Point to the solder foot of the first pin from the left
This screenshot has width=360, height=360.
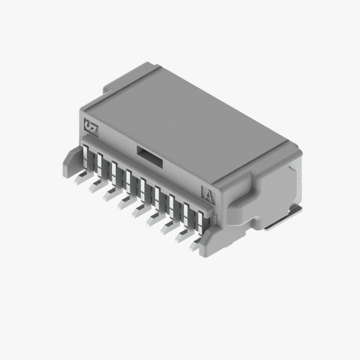tap(81, 177)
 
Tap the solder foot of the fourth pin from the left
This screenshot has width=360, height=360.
tap(124, 202)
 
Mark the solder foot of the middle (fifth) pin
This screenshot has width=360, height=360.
tap(139, 211)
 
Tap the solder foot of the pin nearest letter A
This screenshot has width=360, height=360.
tap(196, 245)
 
